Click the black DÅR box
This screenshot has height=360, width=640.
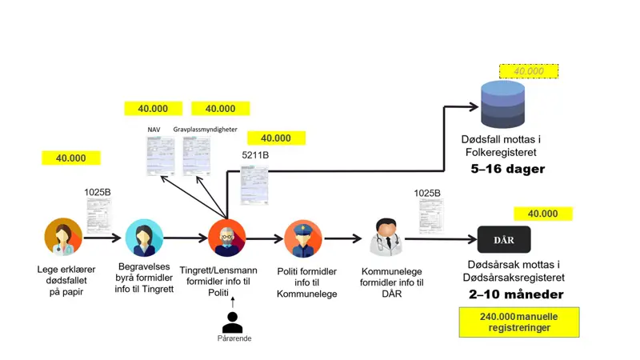point(504,239)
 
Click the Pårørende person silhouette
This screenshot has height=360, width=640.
point(233,322)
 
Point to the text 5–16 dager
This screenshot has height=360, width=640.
point(507,170)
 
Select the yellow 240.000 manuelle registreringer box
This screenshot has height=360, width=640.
point(519,322)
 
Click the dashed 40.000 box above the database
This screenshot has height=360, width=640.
point(528,71)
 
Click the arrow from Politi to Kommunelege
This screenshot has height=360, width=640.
point(343,238)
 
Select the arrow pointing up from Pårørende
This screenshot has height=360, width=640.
point(233,302)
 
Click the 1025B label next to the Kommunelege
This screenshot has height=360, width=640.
point(427,193)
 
